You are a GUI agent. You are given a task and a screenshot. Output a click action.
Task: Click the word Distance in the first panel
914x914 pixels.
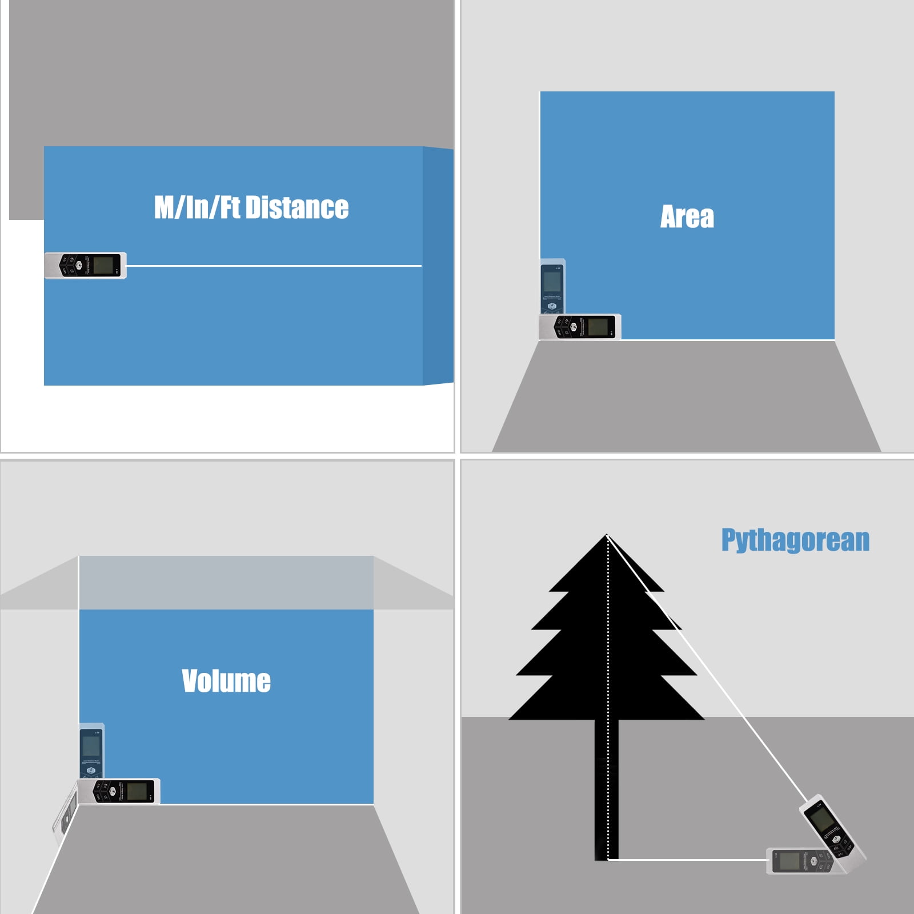pos(296,207)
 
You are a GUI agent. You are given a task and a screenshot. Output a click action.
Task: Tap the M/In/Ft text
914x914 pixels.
pos(197,207)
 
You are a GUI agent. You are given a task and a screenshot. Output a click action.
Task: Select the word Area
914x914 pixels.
pos(687,217)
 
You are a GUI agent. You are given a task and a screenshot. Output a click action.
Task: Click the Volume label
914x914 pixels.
pos(226,681)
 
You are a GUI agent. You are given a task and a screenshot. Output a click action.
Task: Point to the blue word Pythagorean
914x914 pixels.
pos(795,540)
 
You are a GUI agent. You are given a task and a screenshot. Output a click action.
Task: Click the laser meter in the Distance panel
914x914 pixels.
pos(85,266)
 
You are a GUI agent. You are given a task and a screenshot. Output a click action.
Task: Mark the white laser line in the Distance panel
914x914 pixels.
pos(274,266)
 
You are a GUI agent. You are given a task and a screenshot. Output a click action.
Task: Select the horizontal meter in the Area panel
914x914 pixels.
pos(580,327)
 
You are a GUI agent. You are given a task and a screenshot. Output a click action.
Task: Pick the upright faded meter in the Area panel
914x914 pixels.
pos(552,286)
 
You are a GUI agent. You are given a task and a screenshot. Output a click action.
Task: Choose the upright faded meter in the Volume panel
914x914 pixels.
pos(91,751)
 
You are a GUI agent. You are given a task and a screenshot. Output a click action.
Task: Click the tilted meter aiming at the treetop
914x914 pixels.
pos(831,828)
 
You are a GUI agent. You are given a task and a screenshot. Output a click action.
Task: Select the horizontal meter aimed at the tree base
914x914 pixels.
pos(800,861)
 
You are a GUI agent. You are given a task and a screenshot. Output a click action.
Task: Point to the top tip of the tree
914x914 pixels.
pos(607,535)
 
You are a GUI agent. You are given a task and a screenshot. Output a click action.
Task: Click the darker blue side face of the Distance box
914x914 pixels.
pos(438,266)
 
